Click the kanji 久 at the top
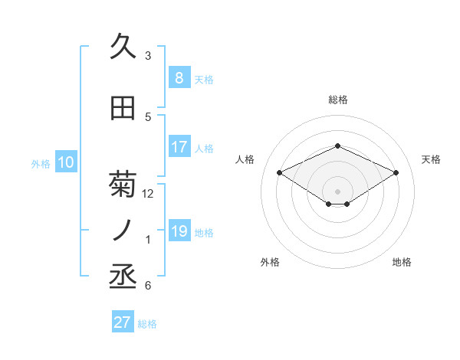(123, 47)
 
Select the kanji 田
(123, 108)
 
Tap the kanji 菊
(123, 185)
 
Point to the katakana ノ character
(123, 231)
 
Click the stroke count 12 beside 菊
(148, 194)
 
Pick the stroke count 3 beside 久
(148, 56)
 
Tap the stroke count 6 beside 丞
(148, 286)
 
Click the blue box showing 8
(179, 78)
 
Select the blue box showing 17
(179, 147)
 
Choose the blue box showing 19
(179, 231)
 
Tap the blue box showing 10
(66, 162)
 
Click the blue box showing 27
(123, 322)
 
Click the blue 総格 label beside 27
(147, 324)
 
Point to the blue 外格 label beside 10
(41, 163)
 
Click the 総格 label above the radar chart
(337, 100)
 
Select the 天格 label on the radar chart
(431, 159)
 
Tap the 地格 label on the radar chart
(402, 262)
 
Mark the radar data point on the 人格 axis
(279, 172)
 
